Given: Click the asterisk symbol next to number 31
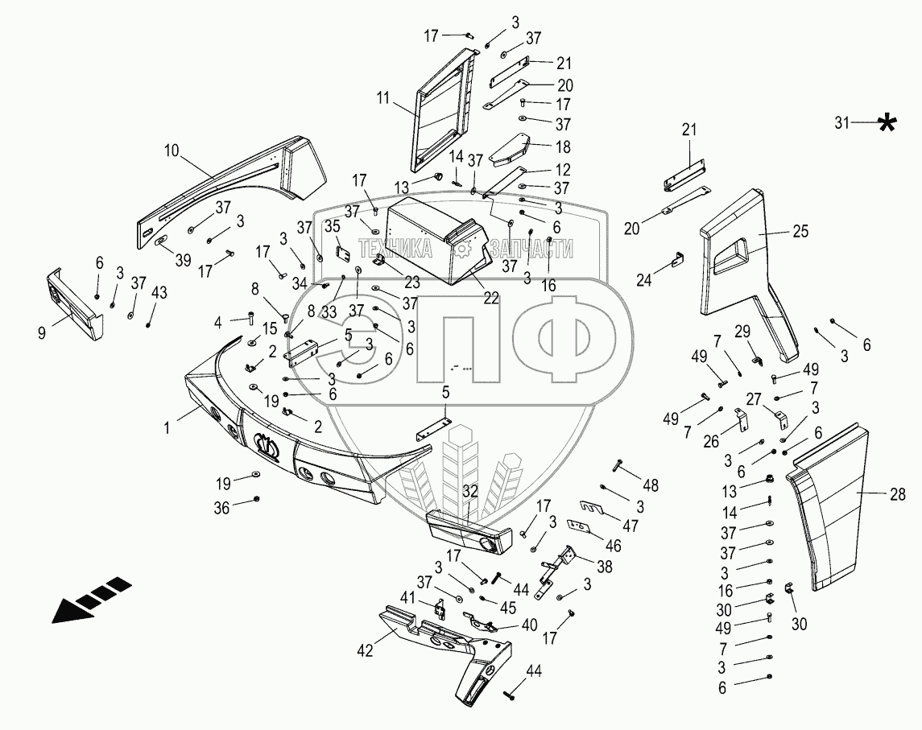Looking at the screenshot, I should pyautogui.click(x=887, y=124).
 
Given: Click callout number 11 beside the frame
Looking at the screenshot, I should pyautogui.click(x=382, y=99).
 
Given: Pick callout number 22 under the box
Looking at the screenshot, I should pyautogui.click(x=490, y=298).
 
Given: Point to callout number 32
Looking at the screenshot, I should pyautogui.click(x=470, y=489).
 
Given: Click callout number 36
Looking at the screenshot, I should pyautogui.click(x=221, y=508).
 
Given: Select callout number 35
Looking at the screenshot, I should pyautogui.click(x=331, y=225).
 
